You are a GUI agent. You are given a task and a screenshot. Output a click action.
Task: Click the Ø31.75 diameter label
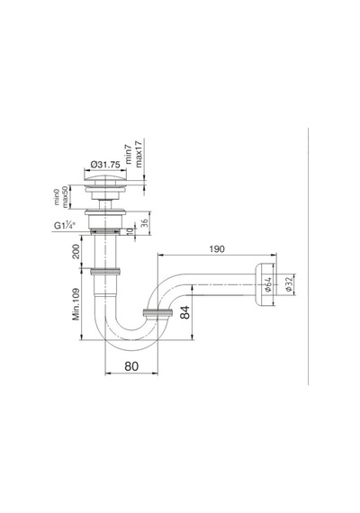click(105, 165)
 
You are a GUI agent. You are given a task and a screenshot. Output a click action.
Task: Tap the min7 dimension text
click(129, 154)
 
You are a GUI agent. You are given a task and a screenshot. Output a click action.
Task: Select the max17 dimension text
click(139, 154)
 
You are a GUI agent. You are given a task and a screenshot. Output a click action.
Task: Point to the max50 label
click(65, 196)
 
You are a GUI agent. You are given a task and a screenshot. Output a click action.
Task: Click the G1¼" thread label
click(65, 225)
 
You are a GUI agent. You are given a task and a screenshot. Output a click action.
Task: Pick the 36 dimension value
click(144, 223)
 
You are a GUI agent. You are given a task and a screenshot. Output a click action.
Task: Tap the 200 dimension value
click(76, 251)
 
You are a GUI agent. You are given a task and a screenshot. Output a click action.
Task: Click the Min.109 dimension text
click(76, 304)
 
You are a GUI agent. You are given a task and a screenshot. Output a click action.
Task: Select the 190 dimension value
click(217, 249)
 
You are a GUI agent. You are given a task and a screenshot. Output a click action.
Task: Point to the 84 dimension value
click(185, 312)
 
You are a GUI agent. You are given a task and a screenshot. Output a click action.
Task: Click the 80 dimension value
click(131, 366)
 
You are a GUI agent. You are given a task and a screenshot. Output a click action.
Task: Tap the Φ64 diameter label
click(268, 284)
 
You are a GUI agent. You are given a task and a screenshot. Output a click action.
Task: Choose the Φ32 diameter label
click(288, 284)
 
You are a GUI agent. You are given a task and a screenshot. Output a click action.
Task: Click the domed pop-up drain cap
click(105, 180)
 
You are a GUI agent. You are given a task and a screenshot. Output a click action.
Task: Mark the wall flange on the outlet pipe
click(263, 284)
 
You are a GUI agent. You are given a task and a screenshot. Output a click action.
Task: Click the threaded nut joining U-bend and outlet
click(158, 313)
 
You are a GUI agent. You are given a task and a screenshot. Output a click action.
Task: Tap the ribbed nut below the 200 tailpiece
click(105, 271)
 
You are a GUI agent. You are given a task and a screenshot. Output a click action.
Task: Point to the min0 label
click(58, 196)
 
